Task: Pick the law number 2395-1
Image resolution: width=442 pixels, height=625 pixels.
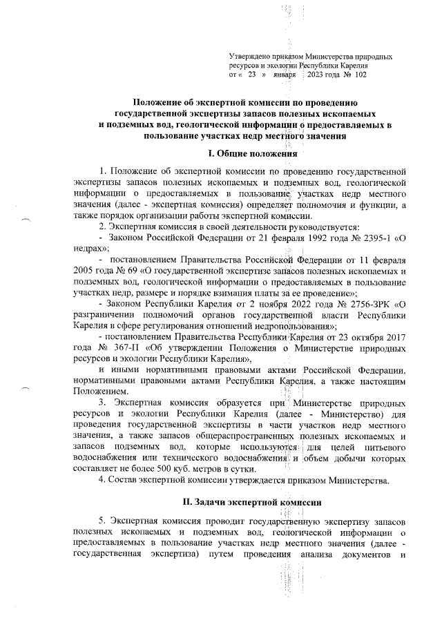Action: click(x=365, y=237)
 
